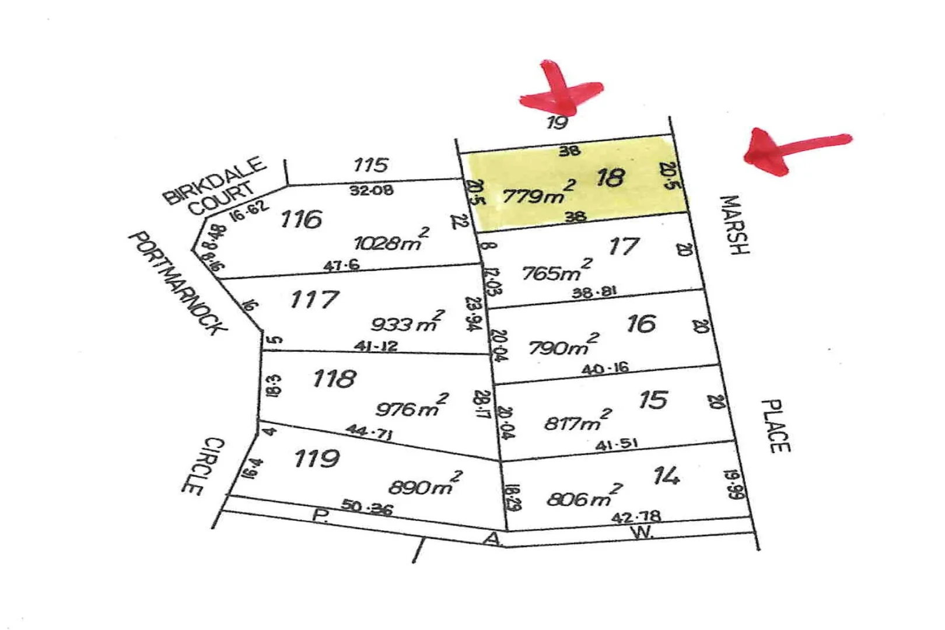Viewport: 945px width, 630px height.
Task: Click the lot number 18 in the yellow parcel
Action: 610,177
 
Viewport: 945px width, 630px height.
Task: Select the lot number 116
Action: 301,220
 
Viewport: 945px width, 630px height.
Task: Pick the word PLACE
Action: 776,426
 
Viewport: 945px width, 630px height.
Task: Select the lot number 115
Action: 370,165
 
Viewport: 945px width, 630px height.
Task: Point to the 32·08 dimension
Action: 372,190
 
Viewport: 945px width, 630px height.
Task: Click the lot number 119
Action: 316,459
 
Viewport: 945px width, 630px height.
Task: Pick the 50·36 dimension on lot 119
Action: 366,507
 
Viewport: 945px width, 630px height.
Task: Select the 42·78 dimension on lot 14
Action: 636,516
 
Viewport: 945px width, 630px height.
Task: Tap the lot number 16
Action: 640,324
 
